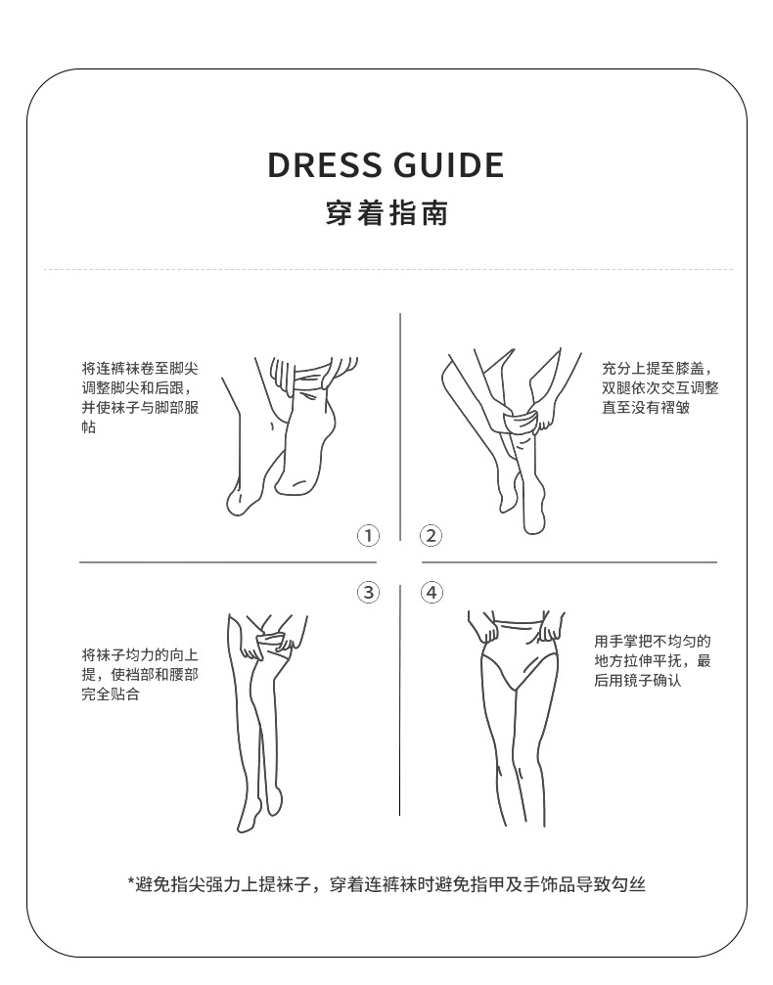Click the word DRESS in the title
pos(325,165)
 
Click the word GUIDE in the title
pos(449,165)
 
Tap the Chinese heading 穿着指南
pos(386,213)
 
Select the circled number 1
pos(368,536)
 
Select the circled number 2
pos(432,536)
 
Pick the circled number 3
pos(368,592)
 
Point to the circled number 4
pos(432,592)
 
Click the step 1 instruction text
pos(140,398)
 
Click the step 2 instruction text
pos(659,388)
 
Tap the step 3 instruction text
pos(140,675)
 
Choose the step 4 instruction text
pos(653,661)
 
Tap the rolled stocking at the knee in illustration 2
pos(523,420)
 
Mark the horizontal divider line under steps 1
pos(228,562)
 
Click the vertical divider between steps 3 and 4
pos(399,700)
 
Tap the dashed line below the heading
pos(388,270)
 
